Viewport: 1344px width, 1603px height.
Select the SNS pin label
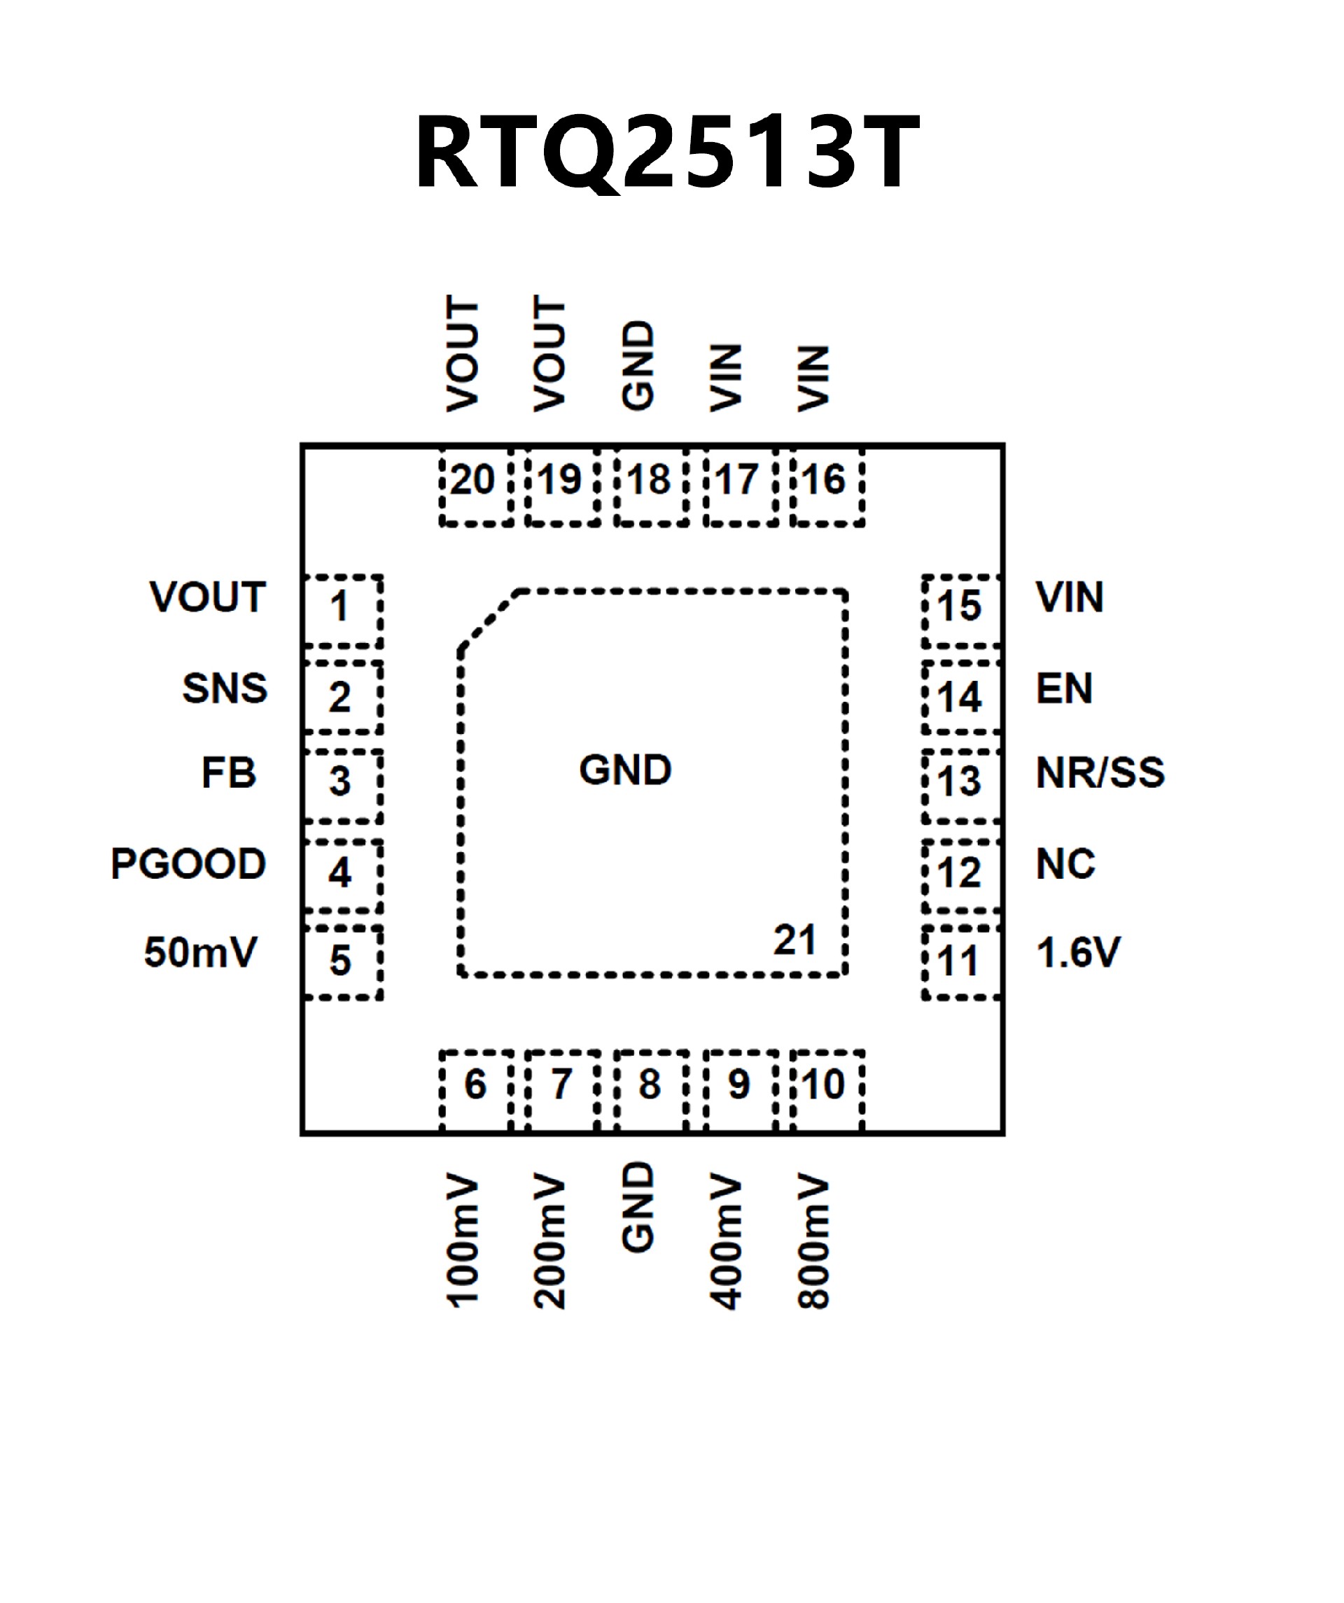click(x=225, y=688)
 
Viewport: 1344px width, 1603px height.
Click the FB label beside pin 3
click(x=228, y=772)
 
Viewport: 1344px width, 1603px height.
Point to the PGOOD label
click(x=188, y=863)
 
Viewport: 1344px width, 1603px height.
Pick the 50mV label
click(x=200, y=953)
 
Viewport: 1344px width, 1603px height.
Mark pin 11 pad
click(x=960, y=961)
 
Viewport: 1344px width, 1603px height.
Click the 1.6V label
click(x=1077, y=953)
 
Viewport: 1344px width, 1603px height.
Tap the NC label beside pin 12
click(x=1065, y=863)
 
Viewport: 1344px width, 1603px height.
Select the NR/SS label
click(x=1100, y=772)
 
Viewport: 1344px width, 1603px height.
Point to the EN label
click(x=1064, y=688)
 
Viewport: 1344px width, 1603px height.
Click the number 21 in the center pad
click(x=794, y=940)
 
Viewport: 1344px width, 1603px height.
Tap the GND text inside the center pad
click(x=625, y=770)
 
